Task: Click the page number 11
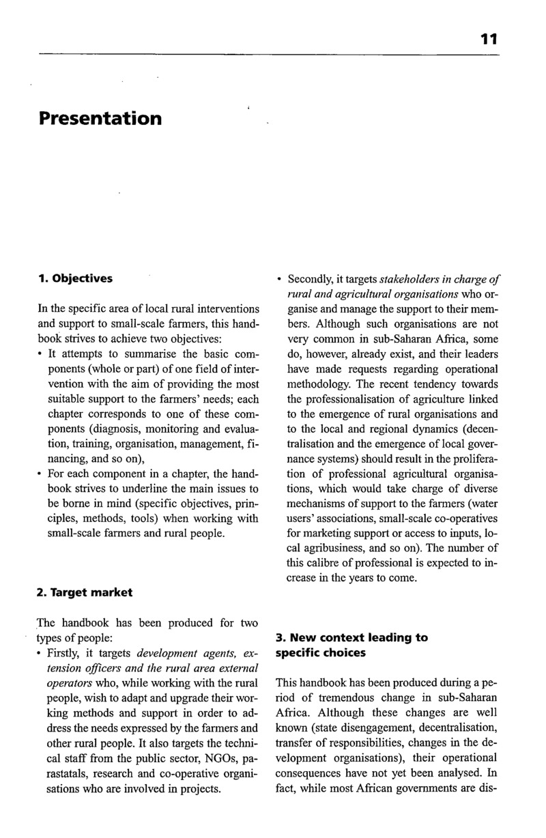pos(489,40)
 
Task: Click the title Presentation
pos(100,119)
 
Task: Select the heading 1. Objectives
pos(76,278)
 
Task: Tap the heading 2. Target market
pos(85,592)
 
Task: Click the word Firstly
pos(65,654)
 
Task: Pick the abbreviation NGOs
pos(207,759)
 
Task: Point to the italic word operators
pos(68,684)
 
